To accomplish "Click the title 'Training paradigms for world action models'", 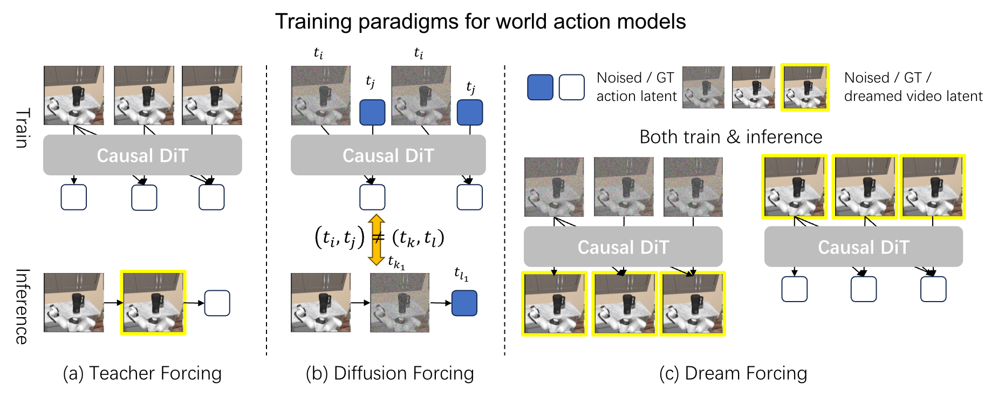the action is (480, 22).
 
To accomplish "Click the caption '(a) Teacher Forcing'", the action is (142, 373).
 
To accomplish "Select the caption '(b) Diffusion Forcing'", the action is (389, 373).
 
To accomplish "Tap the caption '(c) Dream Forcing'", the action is (733, 373).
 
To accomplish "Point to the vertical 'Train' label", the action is (22, 128).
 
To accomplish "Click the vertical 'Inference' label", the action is (22, 306).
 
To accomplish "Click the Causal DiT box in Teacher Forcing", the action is (142, 155).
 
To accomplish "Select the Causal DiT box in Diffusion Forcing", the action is (388, 155).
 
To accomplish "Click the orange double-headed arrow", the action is (376, 240).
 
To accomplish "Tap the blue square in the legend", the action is (540, 87).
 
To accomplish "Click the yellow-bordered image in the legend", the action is (805, 87).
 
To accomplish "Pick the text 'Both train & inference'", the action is (730, 137).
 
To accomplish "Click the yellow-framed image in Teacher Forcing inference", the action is (153, 303).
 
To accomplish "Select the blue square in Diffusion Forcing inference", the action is (464, 303).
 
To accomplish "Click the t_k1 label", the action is (396, 263).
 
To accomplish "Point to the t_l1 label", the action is (461, 274).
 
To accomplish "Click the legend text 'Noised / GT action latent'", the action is (636, 87).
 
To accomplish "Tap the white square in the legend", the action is (572, 87).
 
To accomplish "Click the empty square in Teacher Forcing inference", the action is (217, 303).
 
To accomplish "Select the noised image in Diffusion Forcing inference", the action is (400, 303).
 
